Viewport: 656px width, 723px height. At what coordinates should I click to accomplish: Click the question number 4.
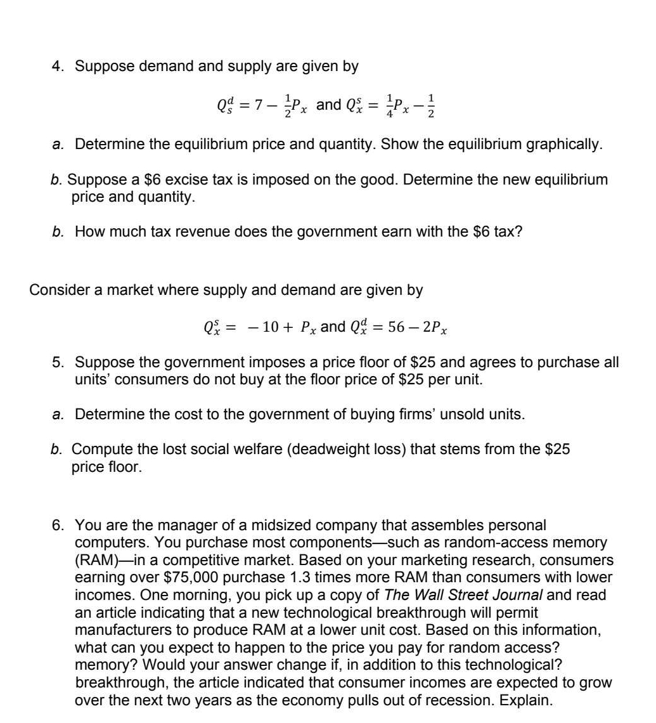(56, 66)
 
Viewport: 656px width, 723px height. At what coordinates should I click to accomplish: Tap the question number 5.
(56, 363)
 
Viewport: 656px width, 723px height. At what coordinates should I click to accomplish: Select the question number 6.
(56, 526)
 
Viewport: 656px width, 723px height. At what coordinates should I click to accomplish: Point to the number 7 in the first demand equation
(257, 105)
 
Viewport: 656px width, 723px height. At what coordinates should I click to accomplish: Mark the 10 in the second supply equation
(271, 327)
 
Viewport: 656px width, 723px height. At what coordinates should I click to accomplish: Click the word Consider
(58, 290)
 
